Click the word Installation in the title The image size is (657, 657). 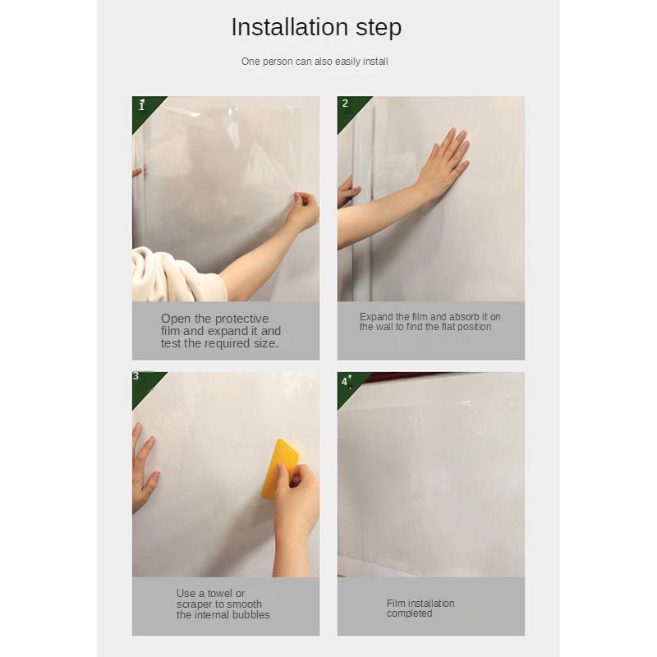290,27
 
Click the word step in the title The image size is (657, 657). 379,29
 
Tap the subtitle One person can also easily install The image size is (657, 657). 315,62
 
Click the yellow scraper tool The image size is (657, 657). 278,468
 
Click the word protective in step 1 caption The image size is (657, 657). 241,319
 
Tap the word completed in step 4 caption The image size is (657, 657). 409,613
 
